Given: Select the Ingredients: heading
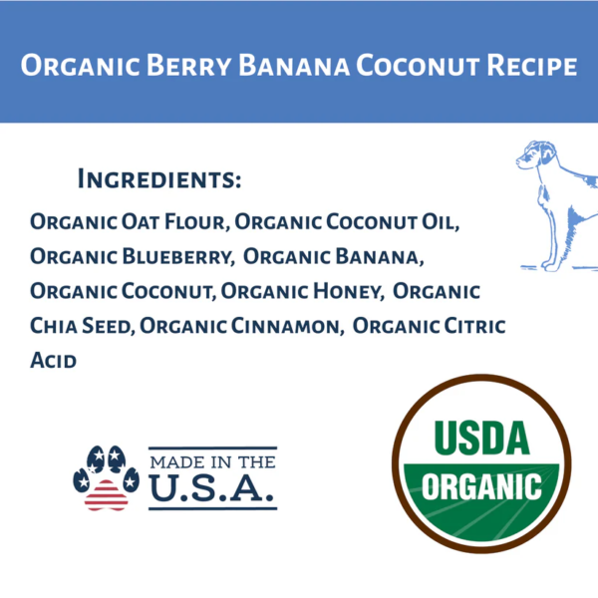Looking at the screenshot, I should [159, 180].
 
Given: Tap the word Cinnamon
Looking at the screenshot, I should [289, 326].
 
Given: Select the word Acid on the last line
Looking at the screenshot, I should [53, 361].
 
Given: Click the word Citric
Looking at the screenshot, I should [475, 326].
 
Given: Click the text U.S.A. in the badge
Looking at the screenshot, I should [211, 488].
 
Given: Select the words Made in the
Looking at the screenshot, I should [211, 461].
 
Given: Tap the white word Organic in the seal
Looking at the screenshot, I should [482, 488].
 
